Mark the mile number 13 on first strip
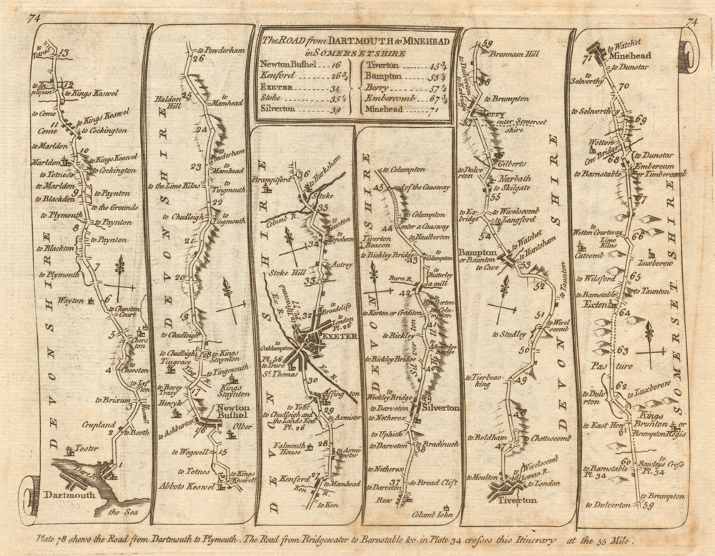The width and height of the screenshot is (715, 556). tap(66, 53)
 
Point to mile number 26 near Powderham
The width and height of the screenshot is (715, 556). tap(198, 59)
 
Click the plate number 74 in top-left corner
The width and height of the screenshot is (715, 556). tap(34, 20)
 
